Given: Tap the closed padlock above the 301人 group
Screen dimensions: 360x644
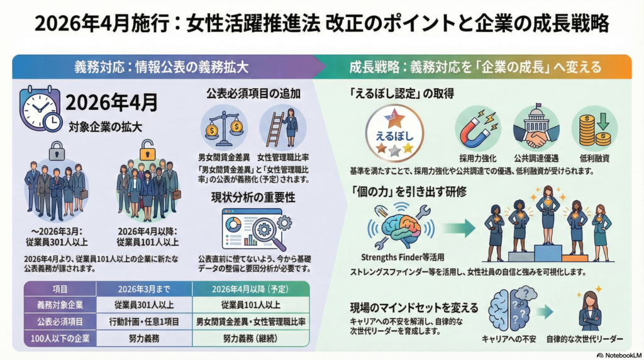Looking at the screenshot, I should click(x=57, y=149).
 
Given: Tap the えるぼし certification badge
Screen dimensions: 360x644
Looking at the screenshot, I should click(x=394, y=133).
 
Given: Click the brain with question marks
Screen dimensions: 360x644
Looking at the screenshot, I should click(x=511, y=308).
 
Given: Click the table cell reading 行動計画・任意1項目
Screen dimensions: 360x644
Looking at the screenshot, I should click(x=143, y=321).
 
